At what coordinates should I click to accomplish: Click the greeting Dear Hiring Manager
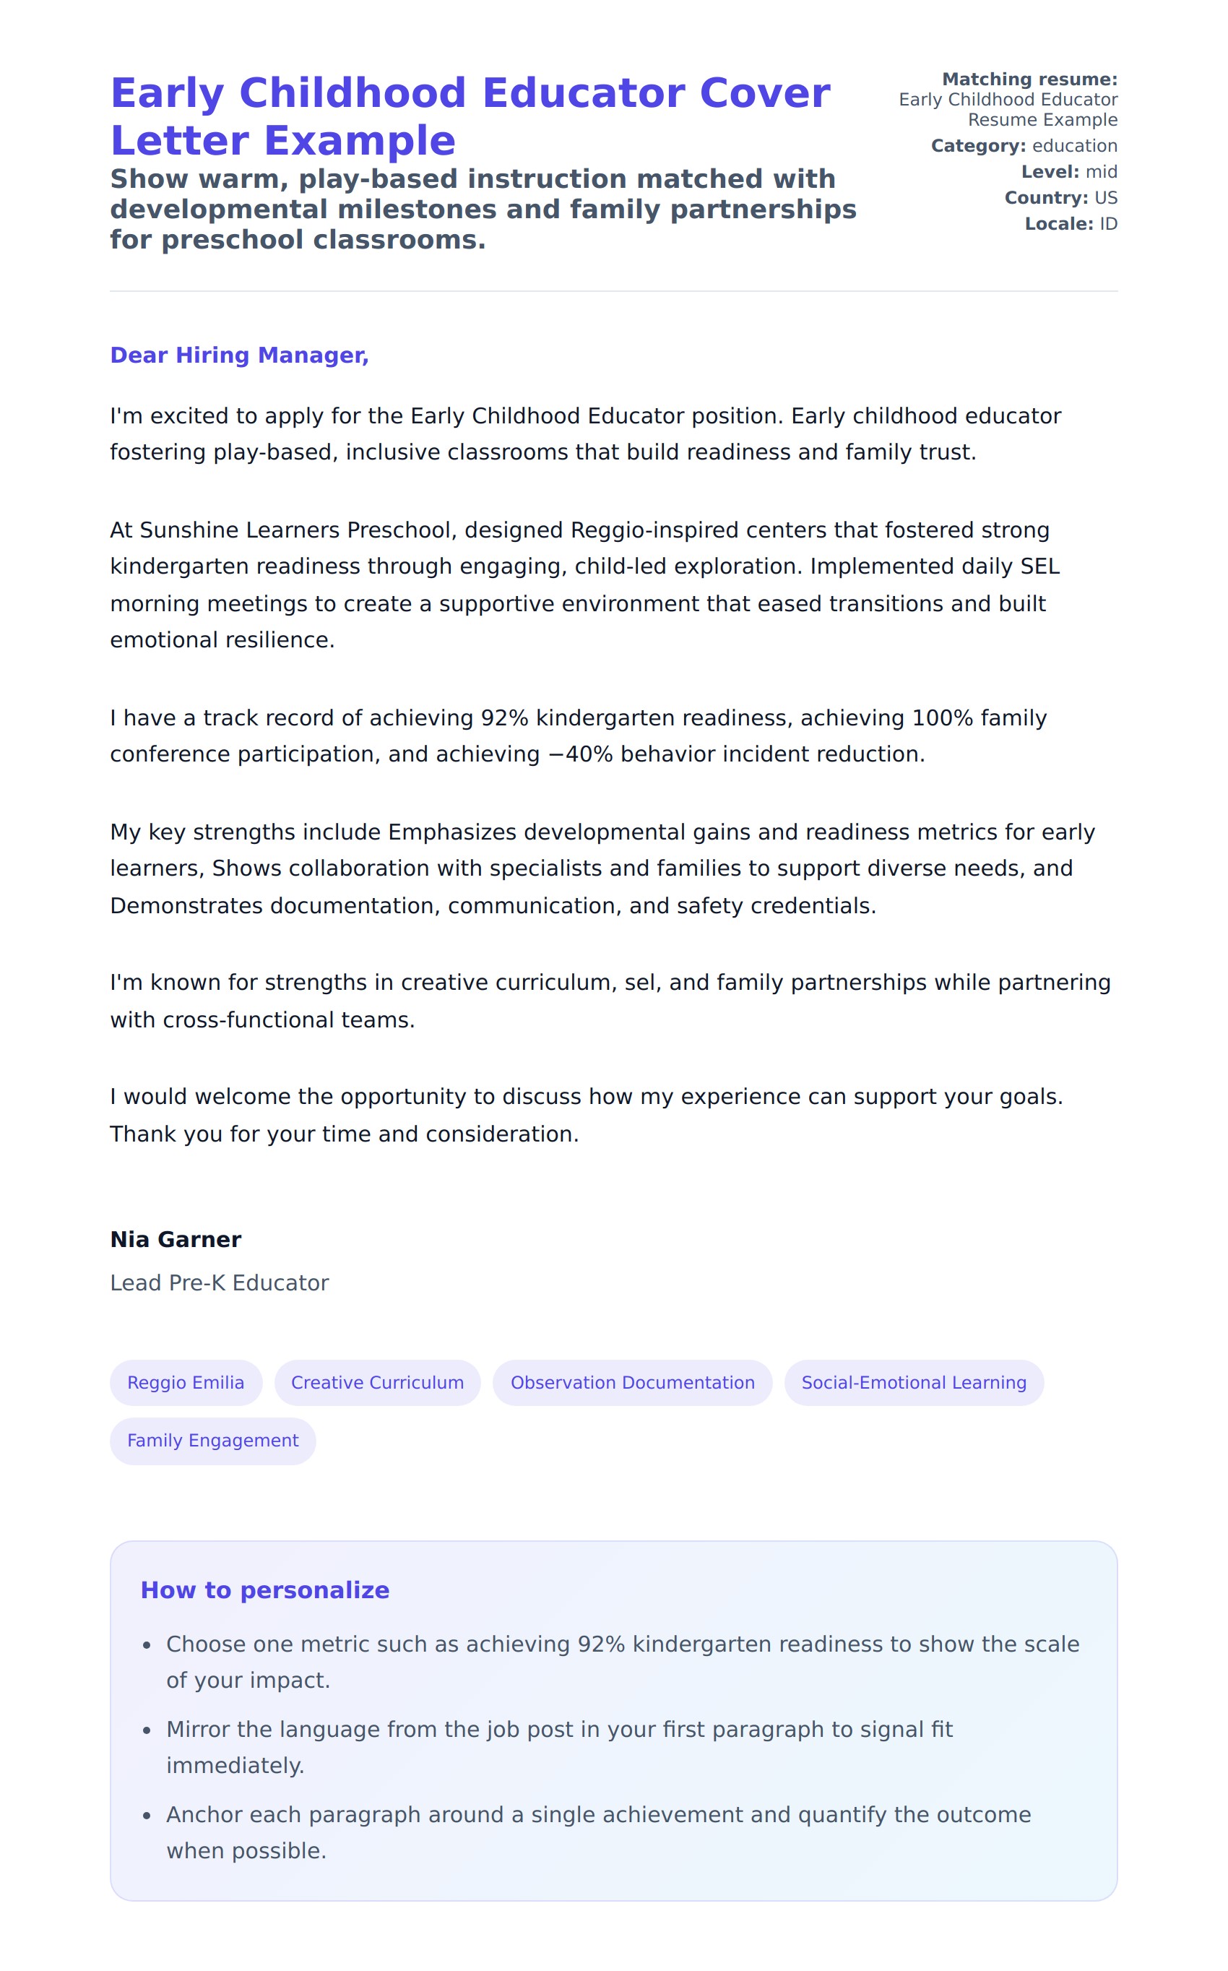(x=239, y=355)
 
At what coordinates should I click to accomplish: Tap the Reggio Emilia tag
(x=185, y=1382)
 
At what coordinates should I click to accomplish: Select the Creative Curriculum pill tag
(x=377, y=1382)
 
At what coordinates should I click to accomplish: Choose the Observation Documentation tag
(x=632, y=1382)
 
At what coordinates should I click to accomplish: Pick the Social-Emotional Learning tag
(x=914, y=1382)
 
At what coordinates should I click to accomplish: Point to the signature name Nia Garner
(x=176, y=1239)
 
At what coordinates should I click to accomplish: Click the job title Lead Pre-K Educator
(x=220, y=1282)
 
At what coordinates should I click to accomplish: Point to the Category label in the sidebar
(x=978, y=146)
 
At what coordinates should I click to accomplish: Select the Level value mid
(x=1102, y=172)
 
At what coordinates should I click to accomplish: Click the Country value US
(x=1105, y=198)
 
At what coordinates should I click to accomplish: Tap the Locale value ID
(x=1108, y=224)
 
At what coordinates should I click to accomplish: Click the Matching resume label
(x=1029, y=79)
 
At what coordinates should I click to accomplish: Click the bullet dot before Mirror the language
(x=147, y=1730)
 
